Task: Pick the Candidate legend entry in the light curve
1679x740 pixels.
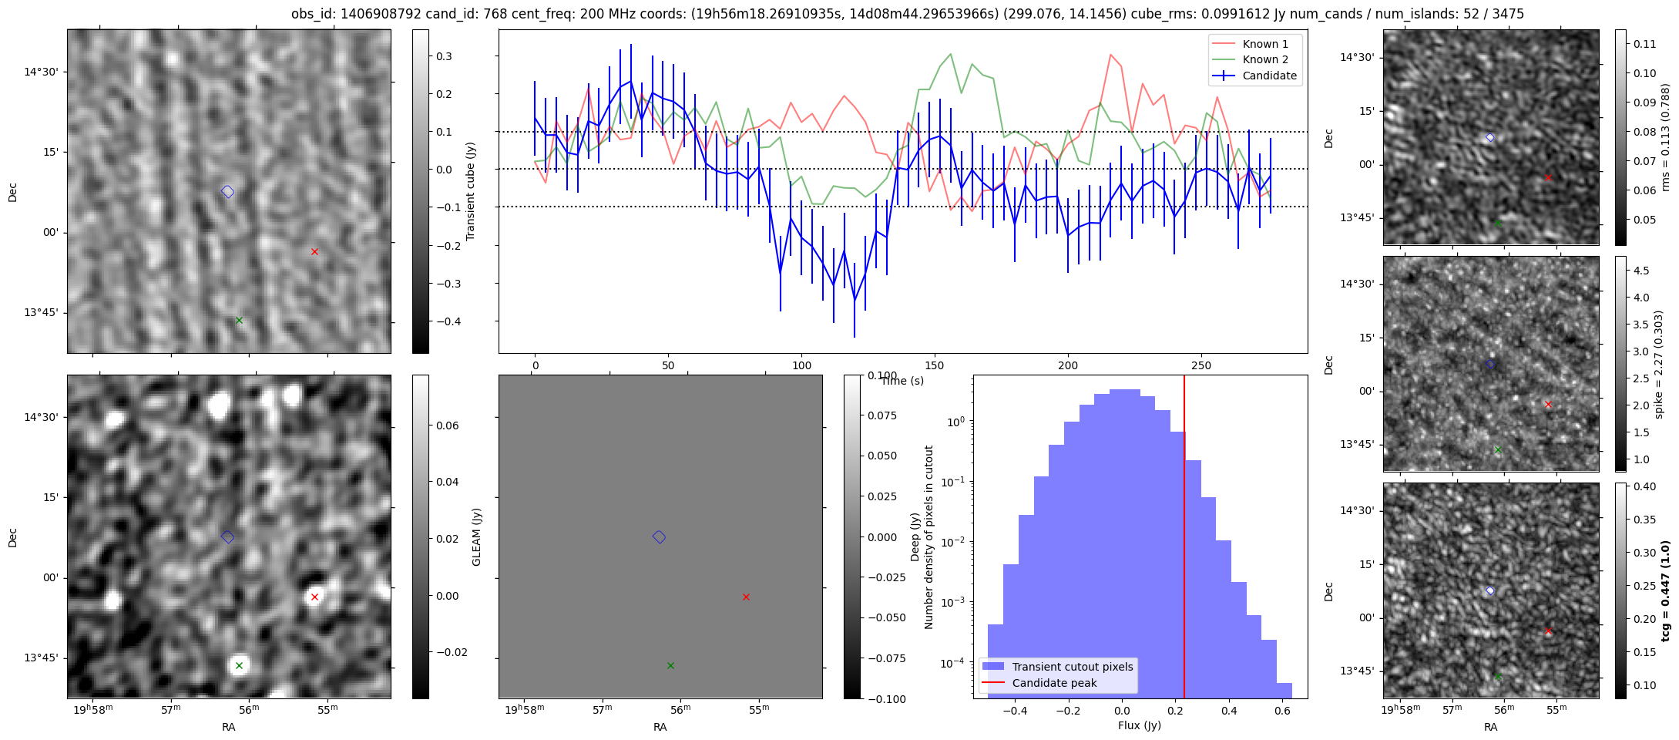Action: coord(1269,76)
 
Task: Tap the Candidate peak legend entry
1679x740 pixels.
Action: coord(1054,683)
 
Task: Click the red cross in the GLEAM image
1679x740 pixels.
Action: coord(314,597)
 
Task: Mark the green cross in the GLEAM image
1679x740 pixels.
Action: coord(239,665)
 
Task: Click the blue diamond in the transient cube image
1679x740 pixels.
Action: coord(227,192)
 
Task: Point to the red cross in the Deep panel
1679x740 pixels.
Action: coord(746,597)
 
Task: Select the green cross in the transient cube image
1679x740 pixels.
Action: coord(239,320)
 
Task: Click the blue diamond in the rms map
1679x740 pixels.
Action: coord(1490,138)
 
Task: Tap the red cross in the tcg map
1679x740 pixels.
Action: coord(1548,631)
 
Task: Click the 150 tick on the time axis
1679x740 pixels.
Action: coord(935,365)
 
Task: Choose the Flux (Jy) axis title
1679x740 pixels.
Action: coord(1140,725)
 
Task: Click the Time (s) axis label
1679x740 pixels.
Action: coord(902,381)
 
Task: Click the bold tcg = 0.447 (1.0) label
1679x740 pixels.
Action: coord(1665,590)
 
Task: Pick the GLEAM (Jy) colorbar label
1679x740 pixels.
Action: coord(476,536)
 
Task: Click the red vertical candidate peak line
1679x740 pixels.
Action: coord(1184,540)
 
